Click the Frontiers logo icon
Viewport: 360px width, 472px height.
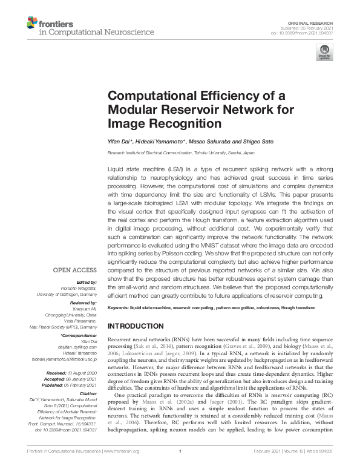tap(32, 24)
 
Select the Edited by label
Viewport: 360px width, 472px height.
tap(86, 283)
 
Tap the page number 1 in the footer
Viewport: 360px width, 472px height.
tap(180, 467)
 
